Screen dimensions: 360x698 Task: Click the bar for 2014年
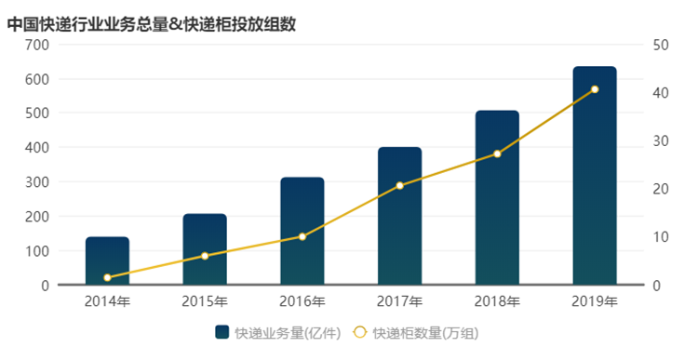[x=107, y=261]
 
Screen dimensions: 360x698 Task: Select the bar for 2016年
[x=302, y=232]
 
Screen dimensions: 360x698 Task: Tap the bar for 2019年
[x=595, y=176]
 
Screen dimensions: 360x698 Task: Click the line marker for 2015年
[x=205, y=256]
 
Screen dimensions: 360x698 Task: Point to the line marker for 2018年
[x=497, y=153]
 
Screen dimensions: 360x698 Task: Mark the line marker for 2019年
[x=595, y=89]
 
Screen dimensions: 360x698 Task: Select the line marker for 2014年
[x=107, y=277]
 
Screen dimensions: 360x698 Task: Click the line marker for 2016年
[x=302, y=236]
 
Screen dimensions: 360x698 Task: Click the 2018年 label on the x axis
[x=497, y=301]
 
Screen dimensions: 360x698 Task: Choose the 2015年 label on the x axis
[x=205, y=301]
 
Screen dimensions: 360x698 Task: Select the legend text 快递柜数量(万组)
[x=425, y=332]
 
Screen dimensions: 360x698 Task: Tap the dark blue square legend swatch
[x=221, y=332]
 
